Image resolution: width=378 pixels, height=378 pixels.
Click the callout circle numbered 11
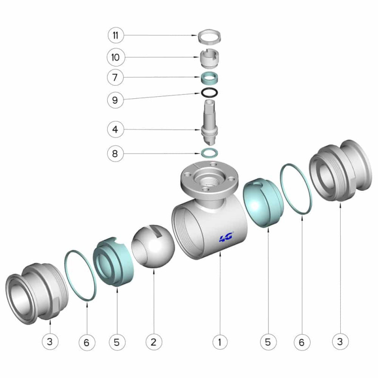pyautogui.click(x=116, y=35)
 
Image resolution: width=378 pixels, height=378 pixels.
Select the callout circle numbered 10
pyautogui.click(x=116, y=57)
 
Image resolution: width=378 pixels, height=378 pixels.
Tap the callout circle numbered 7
pyautogui.click(x=115, y=77)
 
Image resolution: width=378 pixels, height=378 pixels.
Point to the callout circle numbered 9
pyautogui.click(x=115, y=100)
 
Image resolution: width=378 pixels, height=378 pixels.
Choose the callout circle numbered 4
pyautogui.click(x=115, y=129)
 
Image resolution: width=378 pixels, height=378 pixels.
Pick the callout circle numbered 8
pyautogui.click(x=115, y=153)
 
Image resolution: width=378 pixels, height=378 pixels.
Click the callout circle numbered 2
pyautogui.click(x=154, y=342)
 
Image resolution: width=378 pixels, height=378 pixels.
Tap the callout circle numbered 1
pyautogui.click(x=220, y=342)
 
